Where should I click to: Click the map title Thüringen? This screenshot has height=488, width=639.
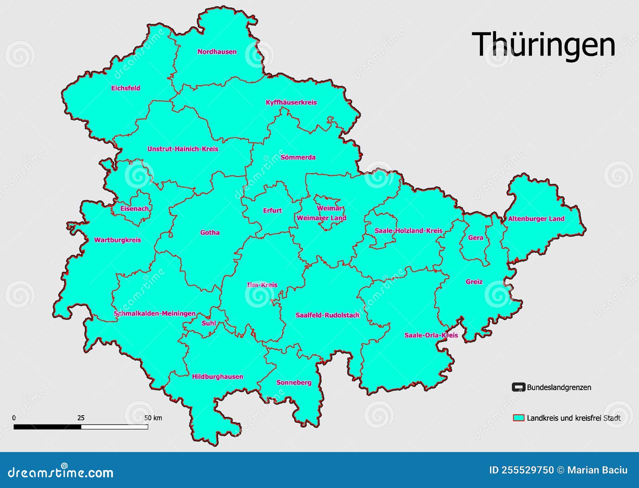543,45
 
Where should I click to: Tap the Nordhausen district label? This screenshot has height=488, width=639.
217,52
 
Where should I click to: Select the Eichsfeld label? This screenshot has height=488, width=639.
125,88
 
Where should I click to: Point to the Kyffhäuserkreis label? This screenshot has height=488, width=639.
291,102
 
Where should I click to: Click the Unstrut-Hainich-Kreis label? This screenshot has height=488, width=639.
183,149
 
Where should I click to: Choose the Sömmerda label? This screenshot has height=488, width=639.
298,157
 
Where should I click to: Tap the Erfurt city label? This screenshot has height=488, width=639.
272,210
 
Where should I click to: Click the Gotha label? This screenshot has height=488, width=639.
210,233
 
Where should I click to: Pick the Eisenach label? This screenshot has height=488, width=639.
135,209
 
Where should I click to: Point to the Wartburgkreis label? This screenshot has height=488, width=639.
117,240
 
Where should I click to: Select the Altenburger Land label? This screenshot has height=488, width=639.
536,219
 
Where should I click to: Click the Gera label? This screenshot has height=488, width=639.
476,238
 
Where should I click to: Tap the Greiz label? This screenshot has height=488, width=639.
474,282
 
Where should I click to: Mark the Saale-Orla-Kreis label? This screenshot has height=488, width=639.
431,335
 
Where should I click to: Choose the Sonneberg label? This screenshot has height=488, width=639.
294,382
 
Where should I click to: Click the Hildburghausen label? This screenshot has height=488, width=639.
217,376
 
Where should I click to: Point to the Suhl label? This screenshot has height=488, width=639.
208,323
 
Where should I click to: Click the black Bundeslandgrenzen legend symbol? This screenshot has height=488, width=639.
518,387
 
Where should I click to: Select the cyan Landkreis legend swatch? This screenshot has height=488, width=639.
518,418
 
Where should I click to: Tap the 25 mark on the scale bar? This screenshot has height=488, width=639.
81,418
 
